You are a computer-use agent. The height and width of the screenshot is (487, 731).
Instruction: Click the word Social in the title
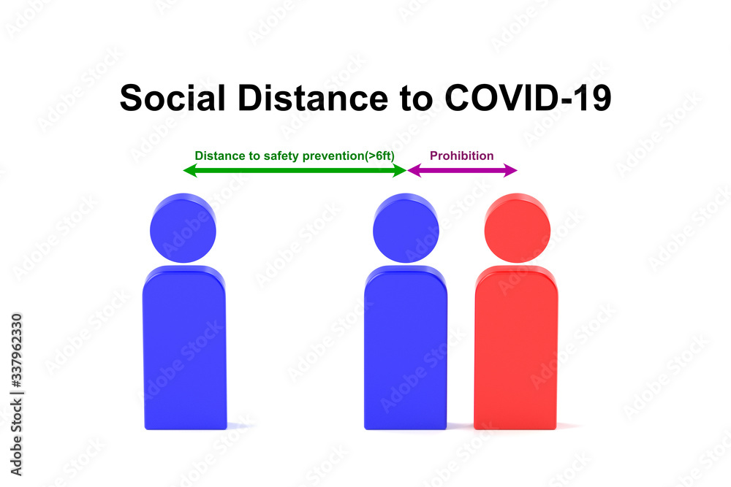click(x=173, y=98)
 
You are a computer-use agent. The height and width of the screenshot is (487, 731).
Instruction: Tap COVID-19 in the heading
click(x=528, y=98)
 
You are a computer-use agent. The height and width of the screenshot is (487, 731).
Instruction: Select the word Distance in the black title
click(x=313, y=98)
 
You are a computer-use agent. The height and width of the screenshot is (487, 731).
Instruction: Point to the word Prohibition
click(x=461, y=156)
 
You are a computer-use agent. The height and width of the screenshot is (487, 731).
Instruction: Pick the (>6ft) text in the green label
click(x=379, y=156)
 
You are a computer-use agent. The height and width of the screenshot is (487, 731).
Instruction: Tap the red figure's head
click(x=517, y=228)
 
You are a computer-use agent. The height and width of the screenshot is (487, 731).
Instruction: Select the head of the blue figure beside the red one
click(x=406, y=228)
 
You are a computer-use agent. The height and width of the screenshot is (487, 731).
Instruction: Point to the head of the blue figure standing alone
click(x=183, y=228)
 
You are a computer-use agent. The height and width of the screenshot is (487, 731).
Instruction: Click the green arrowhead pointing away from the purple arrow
click(x=190, y=170)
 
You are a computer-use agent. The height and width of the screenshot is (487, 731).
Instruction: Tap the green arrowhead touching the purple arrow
click(x=400, y=170)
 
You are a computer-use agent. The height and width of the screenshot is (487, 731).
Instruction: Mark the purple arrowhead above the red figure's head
click(x=510, y=170)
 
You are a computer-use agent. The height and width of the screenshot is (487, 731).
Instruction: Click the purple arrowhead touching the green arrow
click(x=414, y=170)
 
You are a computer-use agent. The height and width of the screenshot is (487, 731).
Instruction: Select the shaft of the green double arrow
click(x=295, y=170)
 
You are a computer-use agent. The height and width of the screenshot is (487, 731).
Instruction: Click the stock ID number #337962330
click(x=16, y=350)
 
